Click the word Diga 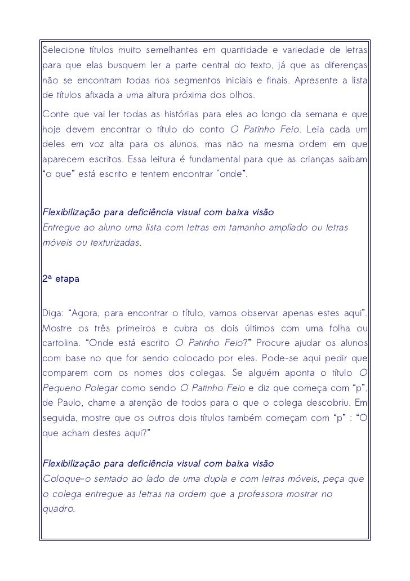click(x=52, y=312)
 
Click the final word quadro click(x=59, y=509)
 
